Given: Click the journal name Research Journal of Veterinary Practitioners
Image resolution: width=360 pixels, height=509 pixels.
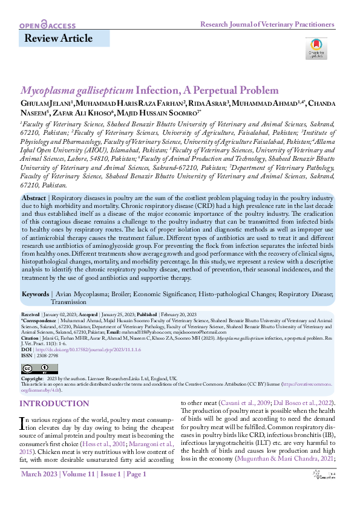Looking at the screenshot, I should [267, 25].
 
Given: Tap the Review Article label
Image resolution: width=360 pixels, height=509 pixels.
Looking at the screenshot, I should [58, 39].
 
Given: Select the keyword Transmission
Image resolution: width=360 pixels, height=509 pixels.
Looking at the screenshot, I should [68, 301].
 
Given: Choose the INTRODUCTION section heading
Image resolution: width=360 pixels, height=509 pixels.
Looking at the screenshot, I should [54, 404].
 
